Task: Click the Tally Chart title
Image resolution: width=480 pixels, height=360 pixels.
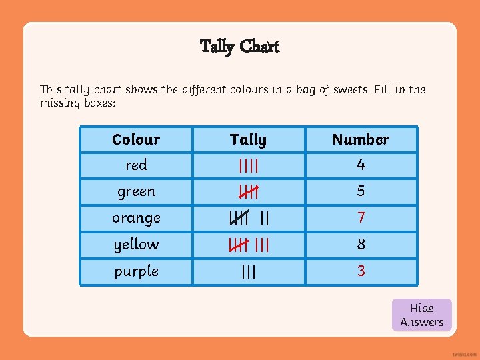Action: (x=239, y=46)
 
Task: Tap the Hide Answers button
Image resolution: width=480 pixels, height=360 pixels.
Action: (x=421, y=315)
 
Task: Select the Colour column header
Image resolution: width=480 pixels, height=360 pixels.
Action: (x=136, y=139)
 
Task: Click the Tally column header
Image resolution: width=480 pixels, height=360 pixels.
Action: (x=248, y=139)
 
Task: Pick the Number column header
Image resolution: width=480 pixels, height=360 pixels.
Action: (x=361, y=139)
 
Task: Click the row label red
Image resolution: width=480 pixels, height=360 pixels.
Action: (x=136, y=165)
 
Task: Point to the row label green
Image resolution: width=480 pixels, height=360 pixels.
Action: (x=136, y=191)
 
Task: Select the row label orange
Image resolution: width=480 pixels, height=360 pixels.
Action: (x=136, y=218)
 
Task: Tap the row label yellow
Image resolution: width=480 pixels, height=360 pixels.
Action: (x=136, y=244)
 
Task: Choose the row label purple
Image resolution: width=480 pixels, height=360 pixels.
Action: (x=136, y=271)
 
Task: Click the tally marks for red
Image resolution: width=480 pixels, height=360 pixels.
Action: (x=248, y=165)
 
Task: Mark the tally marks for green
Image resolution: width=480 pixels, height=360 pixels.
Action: (x=248, y=192)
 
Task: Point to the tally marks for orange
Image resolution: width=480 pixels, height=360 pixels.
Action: (x=248, y=218)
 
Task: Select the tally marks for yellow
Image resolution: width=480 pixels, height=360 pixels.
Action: (x=248, y=245)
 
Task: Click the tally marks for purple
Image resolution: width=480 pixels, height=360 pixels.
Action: (x=248, y=271)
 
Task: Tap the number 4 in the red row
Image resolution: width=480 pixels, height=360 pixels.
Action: (x=361, y=165)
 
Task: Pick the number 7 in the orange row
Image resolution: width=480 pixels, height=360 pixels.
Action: (x=361, y=218)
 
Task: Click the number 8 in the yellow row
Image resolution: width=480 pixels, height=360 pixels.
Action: (x=361, y=244)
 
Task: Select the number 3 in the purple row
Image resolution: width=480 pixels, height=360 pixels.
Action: (x=361, y=271)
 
